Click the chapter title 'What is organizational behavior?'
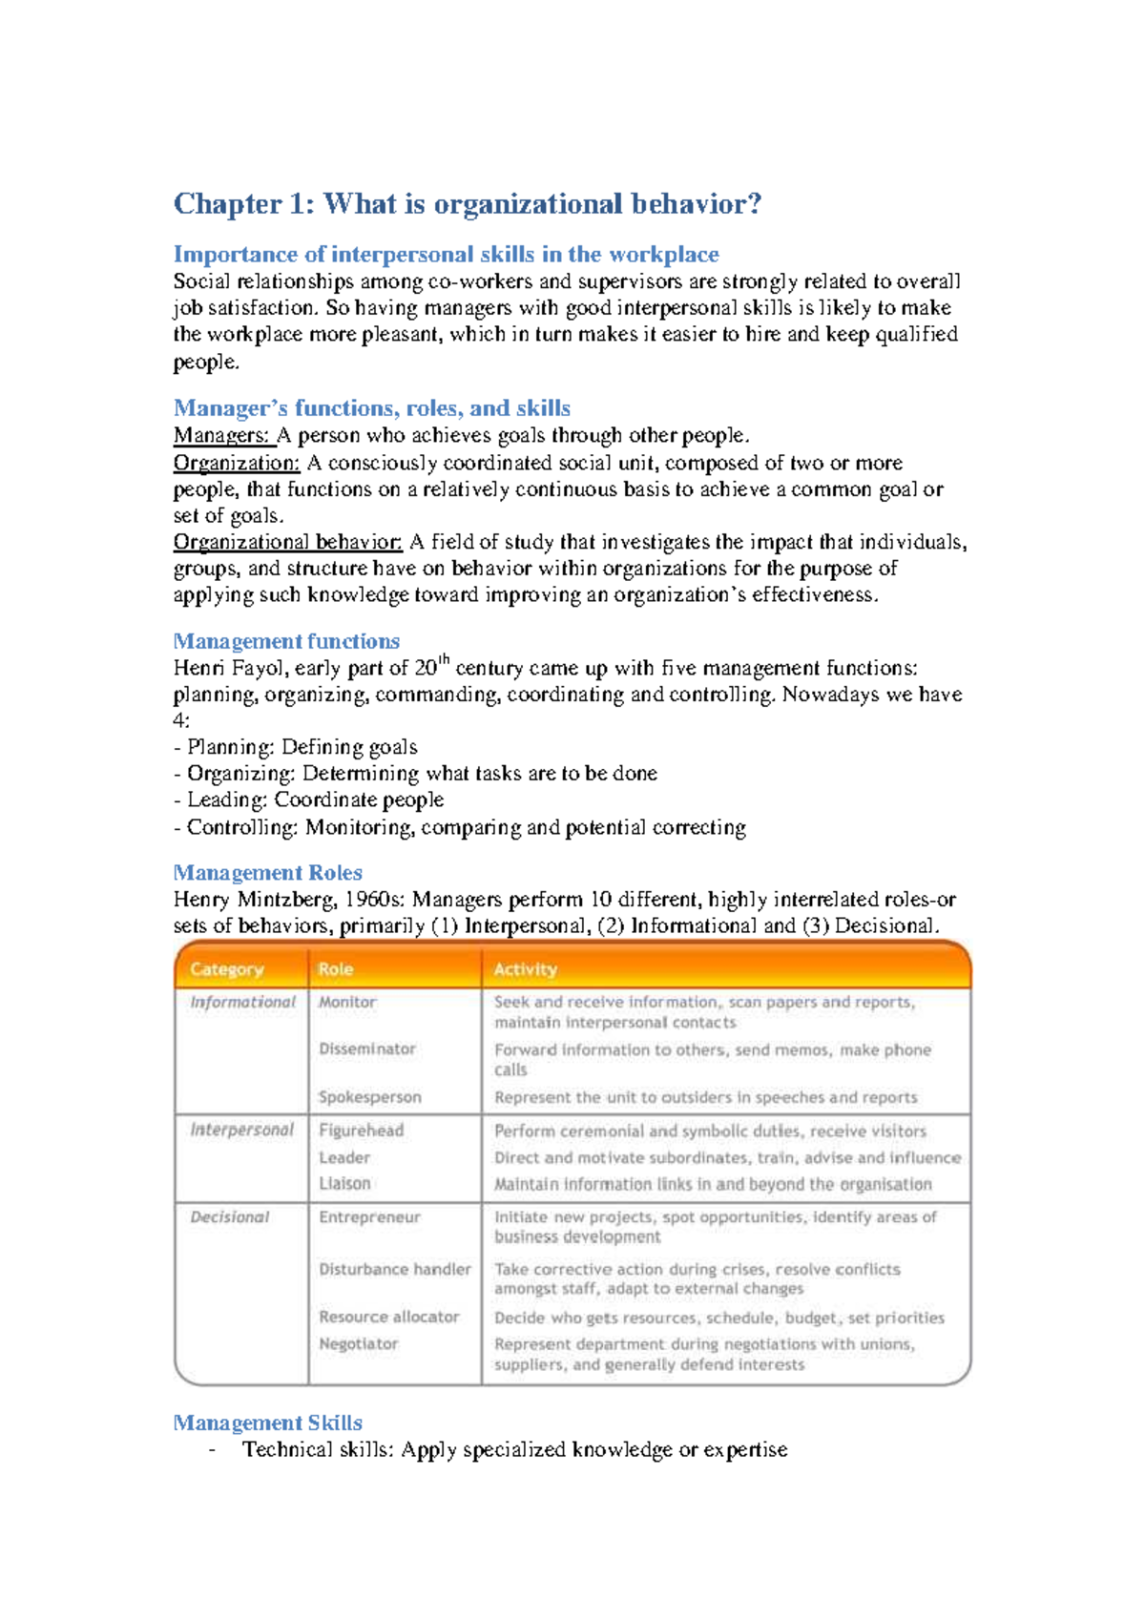468,204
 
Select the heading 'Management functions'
286,641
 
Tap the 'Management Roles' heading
267,873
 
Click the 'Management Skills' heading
267,1423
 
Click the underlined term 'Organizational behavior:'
287,543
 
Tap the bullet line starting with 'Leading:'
309,800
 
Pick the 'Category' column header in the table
226,969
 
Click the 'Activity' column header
525,969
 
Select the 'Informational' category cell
242,1002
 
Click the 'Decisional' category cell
229,1217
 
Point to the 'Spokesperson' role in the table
369,1097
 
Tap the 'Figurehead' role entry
361,1131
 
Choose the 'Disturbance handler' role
394,1270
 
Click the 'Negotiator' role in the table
358,1344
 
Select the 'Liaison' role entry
344,1184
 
